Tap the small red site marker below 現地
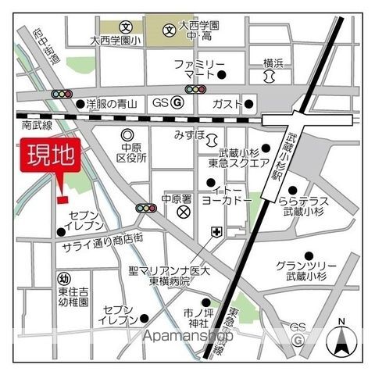(62, 198)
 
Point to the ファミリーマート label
(199, 69)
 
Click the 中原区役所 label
(132, 152)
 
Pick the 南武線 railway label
(37, 125)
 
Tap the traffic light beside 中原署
(146, 209)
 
